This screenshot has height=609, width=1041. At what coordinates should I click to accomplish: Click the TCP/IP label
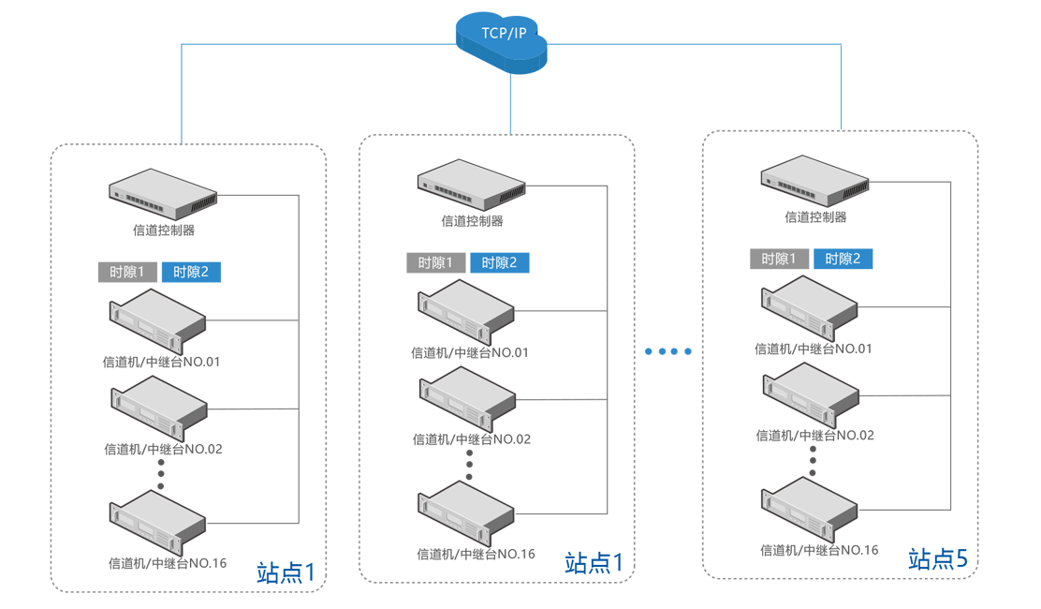(x=504, y=33)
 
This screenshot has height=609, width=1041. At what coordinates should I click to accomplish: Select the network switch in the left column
(x=163, y=195)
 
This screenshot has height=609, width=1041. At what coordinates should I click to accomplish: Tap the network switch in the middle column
(x=471, y=185)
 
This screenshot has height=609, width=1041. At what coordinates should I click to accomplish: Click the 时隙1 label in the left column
(x=126, y=273)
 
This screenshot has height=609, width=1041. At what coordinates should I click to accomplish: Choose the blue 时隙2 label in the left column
(x=191, y=273)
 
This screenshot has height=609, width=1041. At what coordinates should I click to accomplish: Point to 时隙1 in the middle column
(x=435, y=263)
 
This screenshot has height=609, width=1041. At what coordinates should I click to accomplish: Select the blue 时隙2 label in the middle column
(x=499, y=263)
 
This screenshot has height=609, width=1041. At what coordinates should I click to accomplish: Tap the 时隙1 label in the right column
(x=779, y=260)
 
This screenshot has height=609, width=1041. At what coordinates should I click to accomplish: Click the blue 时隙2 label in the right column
(x=843, y=260)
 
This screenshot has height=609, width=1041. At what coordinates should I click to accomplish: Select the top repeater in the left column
(x=158, y=320)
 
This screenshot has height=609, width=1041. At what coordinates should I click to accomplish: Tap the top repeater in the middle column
(x=466, y=311)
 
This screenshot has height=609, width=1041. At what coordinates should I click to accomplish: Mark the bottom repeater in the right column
(x=811, y=508)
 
